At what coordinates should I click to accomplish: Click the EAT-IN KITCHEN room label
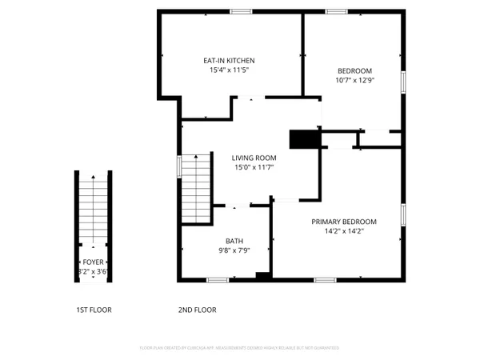coord(230,61)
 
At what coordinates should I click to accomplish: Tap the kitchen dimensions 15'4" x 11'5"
coord(230,70)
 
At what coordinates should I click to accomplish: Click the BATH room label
coord(234,241)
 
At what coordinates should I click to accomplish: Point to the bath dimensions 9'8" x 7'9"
coord(234,250)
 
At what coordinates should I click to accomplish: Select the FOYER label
coord(93,262)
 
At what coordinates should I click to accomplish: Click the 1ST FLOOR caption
coord(94,310)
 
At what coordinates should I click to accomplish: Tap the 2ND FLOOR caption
coord(197,310)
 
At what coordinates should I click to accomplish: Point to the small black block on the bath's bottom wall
coord(262,277)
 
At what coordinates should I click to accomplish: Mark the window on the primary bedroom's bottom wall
coord(325,279)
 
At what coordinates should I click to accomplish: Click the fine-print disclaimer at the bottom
coord(240,349)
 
